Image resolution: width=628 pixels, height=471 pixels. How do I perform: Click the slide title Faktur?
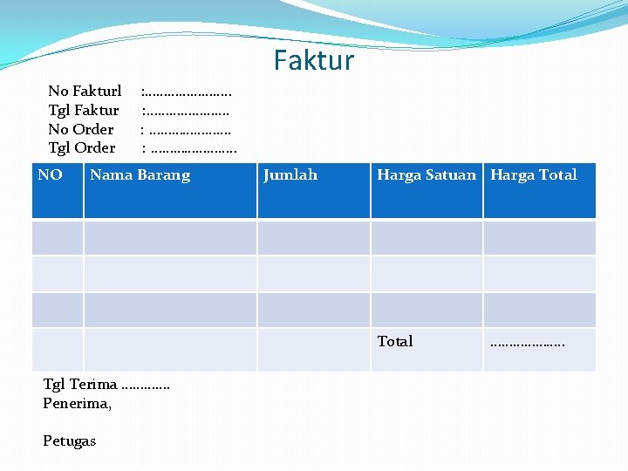coord(313,61)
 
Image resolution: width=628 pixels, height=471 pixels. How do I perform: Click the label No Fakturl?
coord(85,91)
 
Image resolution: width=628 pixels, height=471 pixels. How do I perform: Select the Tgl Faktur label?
coord(84,110)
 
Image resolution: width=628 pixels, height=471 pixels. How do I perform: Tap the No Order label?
coord(81,129)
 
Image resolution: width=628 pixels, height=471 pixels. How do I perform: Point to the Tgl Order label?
coord(82,148)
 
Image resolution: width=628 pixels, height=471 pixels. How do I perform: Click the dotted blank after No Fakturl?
coord(188,92)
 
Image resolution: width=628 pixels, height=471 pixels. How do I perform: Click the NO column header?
coord(51,175)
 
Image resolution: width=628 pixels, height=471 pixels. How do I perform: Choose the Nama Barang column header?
coord(140,175)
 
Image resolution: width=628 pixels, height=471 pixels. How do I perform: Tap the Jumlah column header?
coord(290,175)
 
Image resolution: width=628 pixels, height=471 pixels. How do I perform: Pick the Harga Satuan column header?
coord(427,175)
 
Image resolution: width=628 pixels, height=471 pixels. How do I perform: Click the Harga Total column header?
coord(534,175)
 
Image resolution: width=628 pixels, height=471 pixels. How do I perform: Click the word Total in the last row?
coord(395,341)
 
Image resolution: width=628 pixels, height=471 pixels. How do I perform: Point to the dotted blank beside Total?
coord(528,343)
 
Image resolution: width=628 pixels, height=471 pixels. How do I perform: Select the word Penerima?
coord(77,403)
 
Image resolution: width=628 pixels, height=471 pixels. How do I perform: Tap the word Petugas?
coord(70,441)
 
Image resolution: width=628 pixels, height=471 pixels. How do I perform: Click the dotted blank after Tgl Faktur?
coord(187,111)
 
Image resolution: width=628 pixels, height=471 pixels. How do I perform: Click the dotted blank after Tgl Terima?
coord(147,386)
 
